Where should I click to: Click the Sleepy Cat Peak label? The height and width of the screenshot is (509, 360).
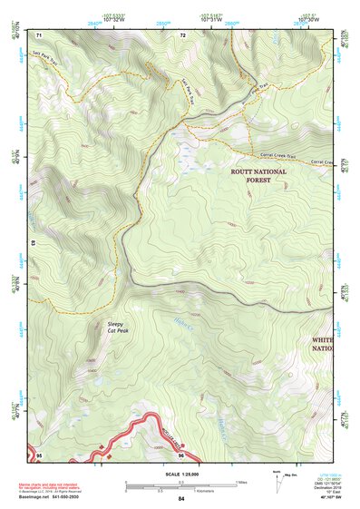[115, 327]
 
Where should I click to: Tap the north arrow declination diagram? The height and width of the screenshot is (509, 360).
[277, 477]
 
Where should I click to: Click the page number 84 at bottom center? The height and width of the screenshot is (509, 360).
[180, 499]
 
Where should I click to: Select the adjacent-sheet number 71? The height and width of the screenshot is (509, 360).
[39, 34]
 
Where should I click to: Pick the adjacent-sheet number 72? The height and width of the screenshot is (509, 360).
[182, 34]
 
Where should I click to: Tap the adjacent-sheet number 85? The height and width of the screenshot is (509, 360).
[39, 455]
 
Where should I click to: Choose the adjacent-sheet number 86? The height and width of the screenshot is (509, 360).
[181, 455]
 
